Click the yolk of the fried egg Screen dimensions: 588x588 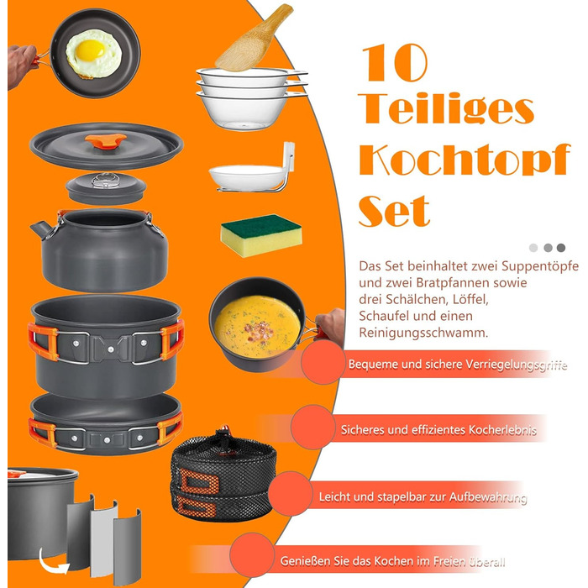(x=90, y=50)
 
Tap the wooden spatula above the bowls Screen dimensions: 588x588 (x=253, y=39)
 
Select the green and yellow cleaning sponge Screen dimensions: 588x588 (x=261, y=235)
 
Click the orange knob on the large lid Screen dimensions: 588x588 (x=106, y=140)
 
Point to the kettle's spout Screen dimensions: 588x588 (x=40, y=229)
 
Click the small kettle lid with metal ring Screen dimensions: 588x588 (x=106, y=188)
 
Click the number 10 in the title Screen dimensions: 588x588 (x=395, y=63)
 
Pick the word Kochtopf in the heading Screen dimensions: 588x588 (x=465, y=160)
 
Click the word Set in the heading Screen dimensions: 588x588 (x=394, y=211)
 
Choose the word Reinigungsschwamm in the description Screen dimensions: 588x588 (x=423, y=333)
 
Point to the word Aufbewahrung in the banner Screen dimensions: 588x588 (x=488, y=497)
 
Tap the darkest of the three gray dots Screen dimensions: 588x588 (x=561, y=248)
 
